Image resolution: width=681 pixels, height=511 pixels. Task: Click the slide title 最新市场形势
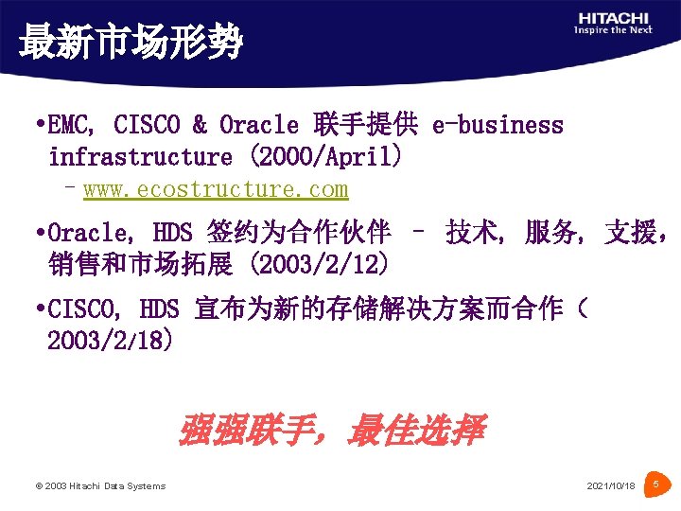(x=131, y=43)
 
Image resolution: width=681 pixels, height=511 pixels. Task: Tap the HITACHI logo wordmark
(x=614, y=17)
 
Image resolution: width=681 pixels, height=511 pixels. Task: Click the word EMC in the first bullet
(x=69, y=125)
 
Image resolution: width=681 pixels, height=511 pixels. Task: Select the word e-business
(x=498, y=125)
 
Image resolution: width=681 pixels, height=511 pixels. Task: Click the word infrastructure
(x=140, y=156)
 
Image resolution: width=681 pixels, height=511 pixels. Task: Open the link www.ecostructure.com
(x=216, y=189)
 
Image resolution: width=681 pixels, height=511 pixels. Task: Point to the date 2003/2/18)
(x=110, y=340)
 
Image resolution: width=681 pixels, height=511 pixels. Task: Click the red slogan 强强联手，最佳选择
(x=331, y=432)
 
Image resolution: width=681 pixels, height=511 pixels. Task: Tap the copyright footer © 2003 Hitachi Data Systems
(x=99, y=486)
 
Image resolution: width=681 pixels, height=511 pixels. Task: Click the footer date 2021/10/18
(x=611, y=486)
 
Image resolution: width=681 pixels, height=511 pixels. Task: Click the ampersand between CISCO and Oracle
(x=200, y=125)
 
